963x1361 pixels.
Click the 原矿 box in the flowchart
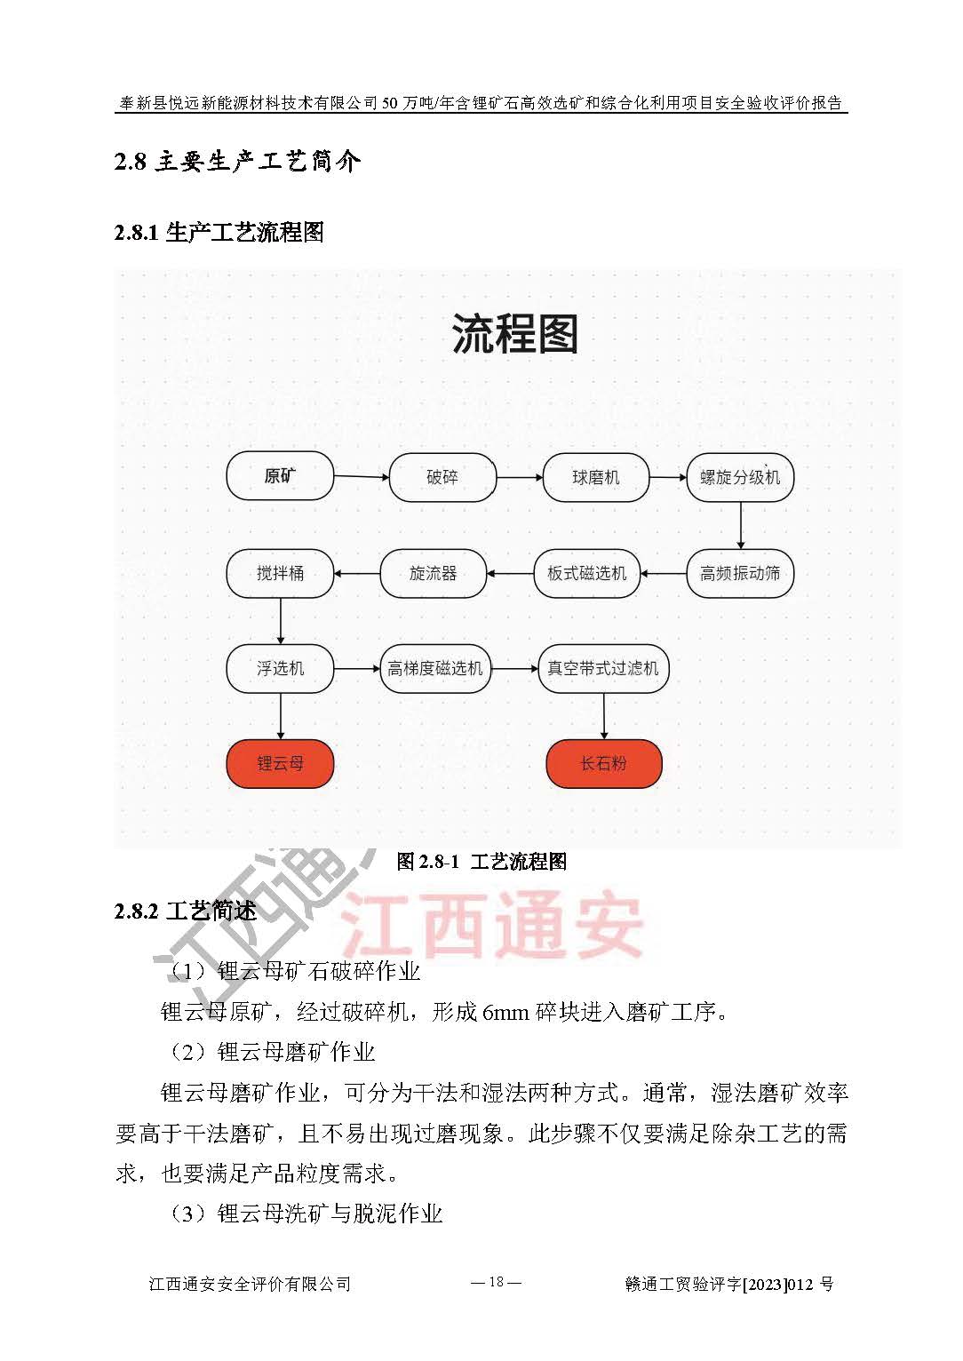click(280, 476)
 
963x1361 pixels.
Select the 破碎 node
click(442, 477)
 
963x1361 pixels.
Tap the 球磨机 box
click(595, 477)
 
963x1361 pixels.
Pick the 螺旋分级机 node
click(739, 477)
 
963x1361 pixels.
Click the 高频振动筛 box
click(739, 573)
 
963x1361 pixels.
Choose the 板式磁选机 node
click(586, 573)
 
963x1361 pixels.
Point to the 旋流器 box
click(433, 573)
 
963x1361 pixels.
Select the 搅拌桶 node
click(280, 573)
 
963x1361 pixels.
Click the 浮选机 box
click(280, 668)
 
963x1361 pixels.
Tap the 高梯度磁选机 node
click(434, 668)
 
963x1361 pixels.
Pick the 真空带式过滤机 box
click(603, 668)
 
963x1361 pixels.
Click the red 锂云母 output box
click(280, 763)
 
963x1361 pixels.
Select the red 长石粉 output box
click(603, 763)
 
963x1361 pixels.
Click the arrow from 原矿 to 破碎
click(361, 477)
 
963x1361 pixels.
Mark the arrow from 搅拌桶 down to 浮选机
click(281, 620)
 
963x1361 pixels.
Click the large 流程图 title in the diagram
click(514, 335)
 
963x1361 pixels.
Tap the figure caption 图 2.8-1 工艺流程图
click(481, 861)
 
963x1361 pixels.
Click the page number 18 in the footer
click(495, 1282)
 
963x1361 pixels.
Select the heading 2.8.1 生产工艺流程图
click(219, 233)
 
